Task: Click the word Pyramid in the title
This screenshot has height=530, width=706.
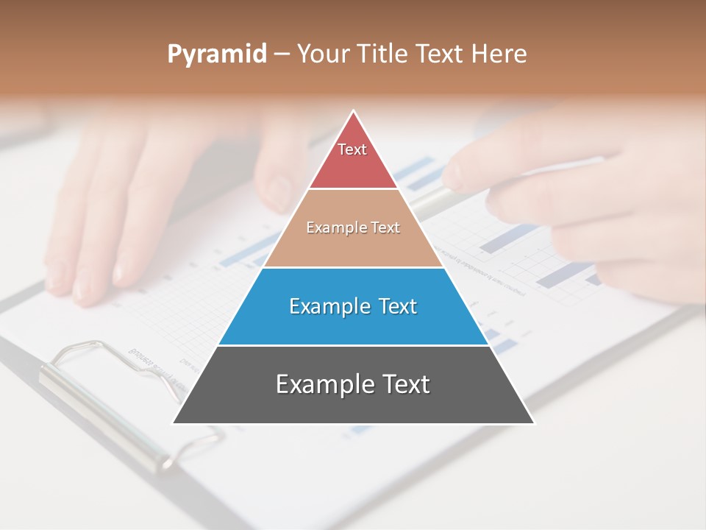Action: [x=217, y=54]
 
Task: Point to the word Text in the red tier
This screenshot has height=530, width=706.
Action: [x=352, y=149]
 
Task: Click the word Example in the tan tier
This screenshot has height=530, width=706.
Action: [x=329, y=228]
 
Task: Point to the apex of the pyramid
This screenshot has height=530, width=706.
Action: [x=354, y=112]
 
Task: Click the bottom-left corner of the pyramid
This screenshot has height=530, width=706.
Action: [x=174, y=423]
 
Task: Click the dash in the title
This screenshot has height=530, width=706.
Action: [x=281, y=54]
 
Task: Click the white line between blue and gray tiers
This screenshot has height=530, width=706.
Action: [x=353, y=345]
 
